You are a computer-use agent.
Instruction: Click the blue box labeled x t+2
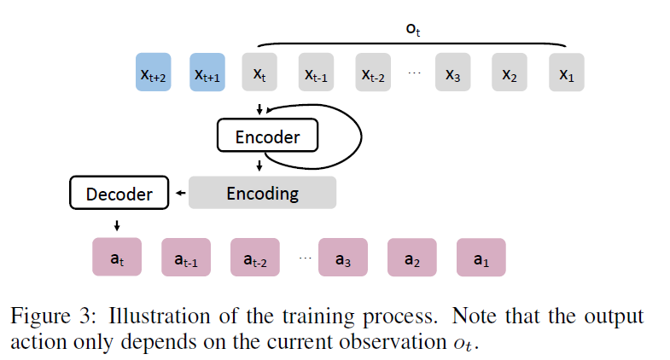tap(154, 73)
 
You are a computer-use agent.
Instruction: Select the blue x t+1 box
tap(207, 73)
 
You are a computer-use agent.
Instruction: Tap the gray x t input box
tap(259, 73)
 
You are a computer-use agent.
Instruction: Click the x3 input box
tap(453, 73)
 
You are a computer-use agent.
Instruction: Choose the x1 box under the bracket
tap(567, 73)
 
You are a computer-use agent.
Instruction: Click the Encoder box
tap(266, 136)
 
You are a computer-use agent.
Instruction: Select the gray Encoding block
tap(262, 193)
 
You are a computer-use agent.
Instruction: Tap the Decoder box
tap(119, 194)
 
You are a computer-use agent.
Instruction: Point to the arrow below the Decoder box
tap(116, 225)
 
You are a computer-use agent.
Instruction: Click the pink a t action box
tap(115, 257)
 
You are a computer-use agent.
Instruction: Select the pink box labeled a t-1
tap(186, 257)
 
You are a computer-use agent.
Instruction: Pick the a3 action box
tap(342, 257)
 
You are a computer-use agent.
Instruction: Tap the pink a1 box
tap(481, 257)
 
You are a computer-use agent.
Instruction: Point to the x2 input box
tap(510, 73)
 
